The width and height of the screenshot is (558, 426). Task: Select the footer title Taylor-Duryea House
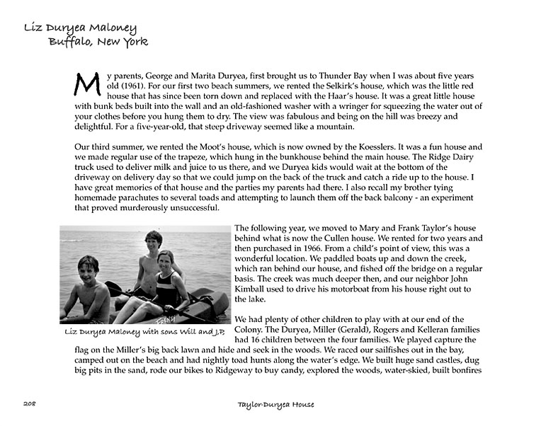(276, 404)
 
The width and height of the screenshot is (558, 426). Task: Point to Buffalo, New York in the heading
(98, 42)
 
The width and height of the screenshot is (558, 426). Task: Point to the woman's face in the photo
(166, 261)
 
